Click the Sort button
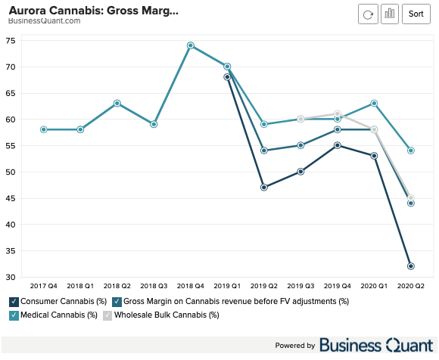pos(416,14)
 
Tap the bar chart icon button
pos(390,14)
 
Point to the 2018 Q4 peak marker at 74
pos(191,45)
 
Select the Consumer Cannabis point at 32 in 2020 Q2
pos(411,266)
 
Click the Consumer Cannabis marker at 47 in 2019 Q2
pos(264,187)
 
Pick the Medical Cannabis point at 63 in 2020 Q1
pos(374,103)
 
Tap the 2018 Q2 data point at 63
pos(117,103)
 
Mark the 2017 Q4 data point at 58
pos(44,129)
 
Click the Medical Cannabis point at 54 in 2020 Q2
pos(411,151)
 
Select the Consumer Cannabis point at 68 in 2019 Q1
pos(227,77)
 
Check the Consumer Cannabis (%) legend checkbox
pos(14,302)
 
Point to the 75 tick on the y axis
pos(11,40)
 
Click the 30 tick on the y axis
pos(11,277)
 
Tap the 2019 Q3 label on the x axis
pos(300,287)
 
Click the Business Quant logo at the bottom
pos(375,346)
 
